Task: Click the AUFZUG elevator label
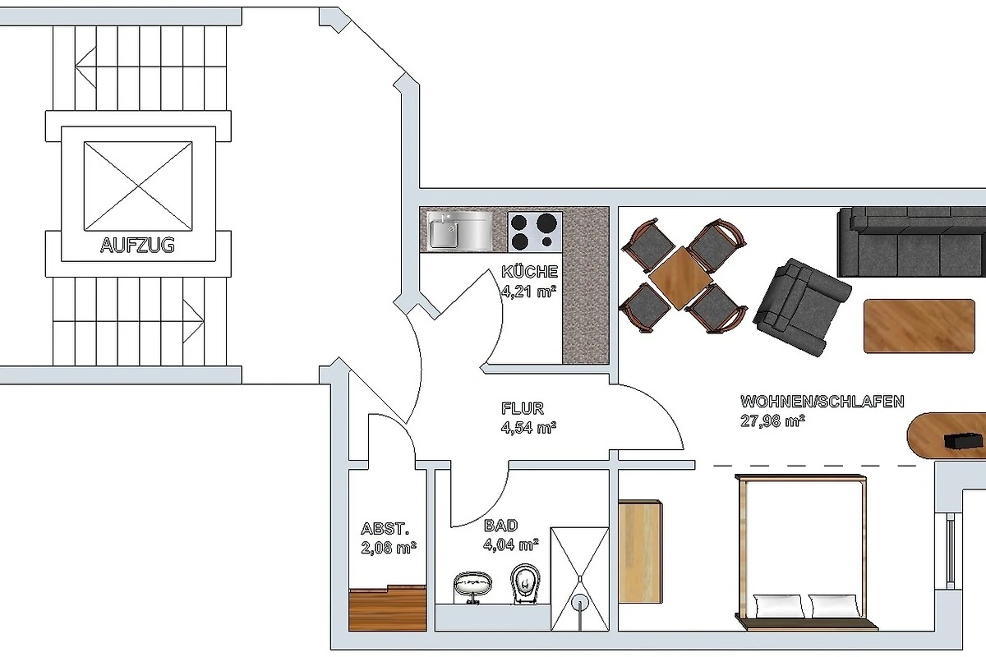click(x=137, y=246)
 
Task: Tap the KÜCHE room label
click(x=529, y=272)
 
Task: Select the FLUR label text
click(x=523, y=408)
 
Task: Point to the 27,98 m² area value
click(x=772, y=420)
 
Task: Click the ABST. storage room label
click(x=385, y=528)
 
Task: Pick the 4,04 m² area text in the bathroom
click(x=510, y=544)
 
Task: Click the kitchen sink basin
click(x=445, y=234)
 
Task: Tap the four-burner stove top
click(x=535, y=232)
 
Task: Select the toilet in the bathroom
click(x=526, y=584)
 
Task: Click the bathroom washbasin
click(x=472, y=586)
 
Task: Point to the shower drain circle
click(x=580, y=602)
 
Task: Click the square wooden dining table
click(x=680, y=278)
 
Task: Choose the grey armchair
click(x=802, y=306)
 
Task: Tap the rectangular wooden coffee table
click(x=919, y=326)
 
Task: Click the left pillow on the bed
click(x=779, y=606)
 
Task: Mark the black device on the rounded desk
click(x=964, y=441)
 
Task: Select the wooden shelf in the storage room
click(x=387, y=608)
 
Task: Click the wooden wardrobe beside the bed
click(x=640, y=551)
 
